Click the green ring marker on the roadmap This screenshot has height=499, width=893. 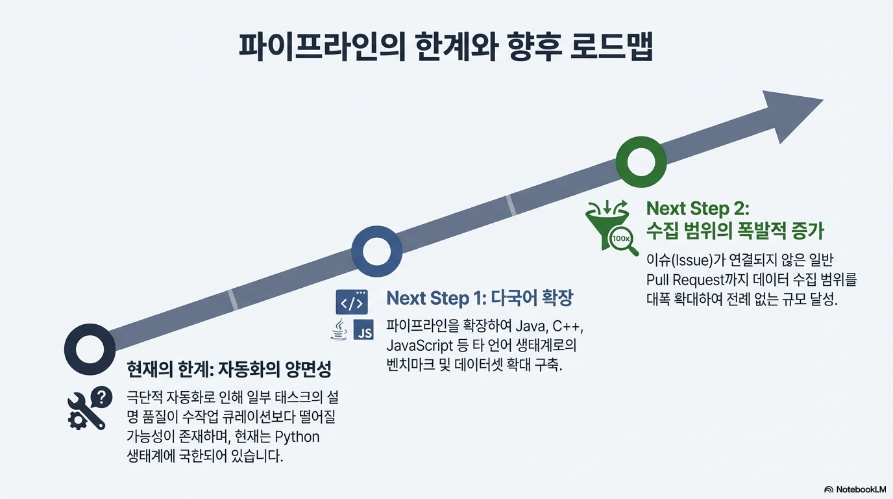coord(641,162)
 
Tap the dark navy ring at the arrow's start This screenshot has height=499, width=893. coord(90,349)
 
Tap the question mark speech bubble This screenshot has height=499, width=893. coord(101,396)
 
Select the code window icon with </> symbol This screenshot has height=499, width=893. coord(352,302)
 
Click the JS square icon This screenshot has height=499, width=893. coord(364,331)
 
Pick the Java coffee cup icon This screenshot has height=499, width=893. coord(339,331)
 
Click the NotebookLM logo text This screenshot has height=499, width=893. coord(855,489)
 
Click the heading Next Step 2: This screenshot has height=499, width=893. coord(698,209)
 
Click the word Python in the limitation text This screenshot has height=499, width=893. coord(297,436)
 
